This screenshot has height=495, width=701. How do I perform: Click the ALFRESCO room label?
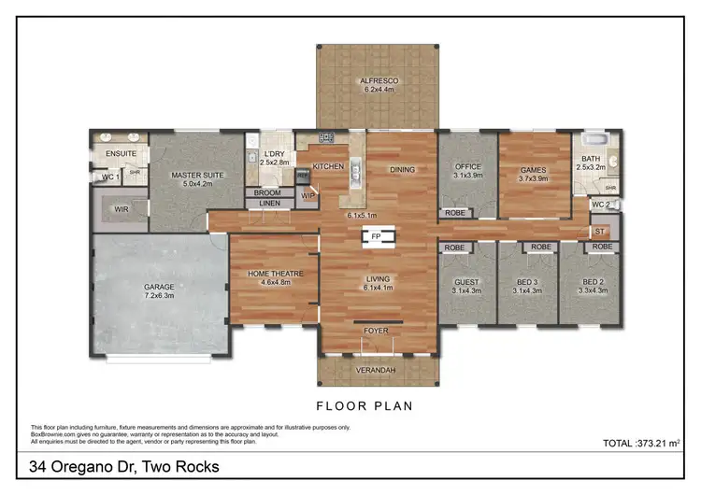pos(378,81)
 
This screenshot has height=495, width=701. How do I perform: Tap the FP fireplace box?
pos(376,237)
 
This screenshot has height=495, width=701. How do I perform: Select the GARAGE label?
pos(159,287)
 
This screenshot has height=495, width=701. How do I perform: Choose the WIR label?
pos(121,210)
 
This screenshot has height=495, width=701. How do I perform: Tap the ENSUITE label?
pos(121,153)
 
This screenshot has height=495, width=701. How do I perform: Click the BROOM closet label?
pos(268,193)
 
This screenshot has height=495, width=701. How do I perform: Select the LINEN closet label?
pos(268,204)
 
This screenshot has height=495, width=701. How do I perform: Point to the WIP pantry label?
pos(308,195)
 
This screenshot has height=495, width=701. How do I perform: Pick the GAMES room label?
pos(533,169)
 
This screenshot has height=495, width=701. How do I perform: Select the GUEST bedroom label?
pos(465,282)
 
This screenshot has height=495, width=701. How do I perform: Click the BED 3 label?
pos(526,282)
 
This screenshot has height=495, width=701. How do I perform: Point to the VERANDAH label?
pos(378,371)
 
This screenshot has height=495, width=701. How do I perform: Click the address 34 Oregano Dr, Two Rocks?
pos(124,466)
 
